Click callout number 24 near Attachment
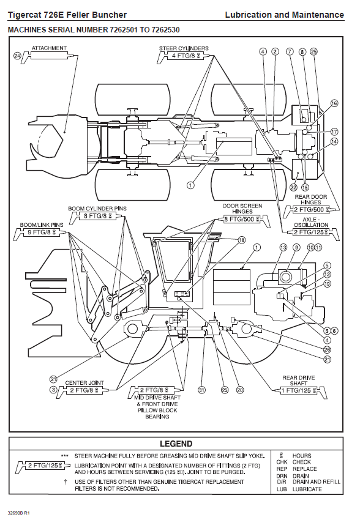[x=17, y=56]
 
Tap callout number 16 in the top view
[x=334, y=103]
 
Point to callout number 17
[x=334, y=132]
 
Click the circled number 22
[x=294, y=187]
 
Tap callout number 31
[x=201, y=390]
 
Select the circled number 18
[x=242, y=240]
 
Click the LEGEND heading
[x=176, y=444]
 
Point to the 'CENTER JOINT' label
[x=84, y=383]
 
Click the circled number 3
[x=53, y=390]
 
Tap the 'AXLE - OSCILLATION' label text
[x=311, y=222]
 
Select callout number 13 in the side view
[x=283, y=247]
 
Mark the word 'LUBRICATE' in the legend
[x=307, y=489]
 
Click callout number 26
[x=327, y=349]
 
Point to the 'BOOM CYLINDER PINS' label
[x=97, y=208]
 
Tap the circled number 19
[x=327, y=284]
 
